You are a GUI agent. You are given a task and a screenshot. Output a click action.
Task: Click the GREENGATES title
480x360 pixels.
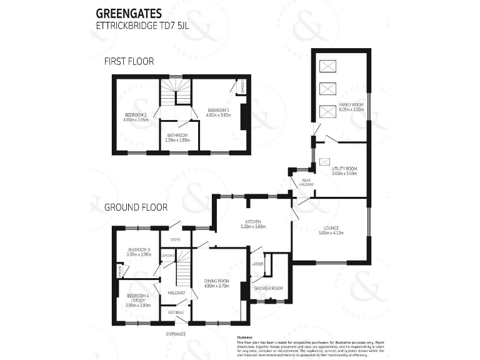[128, 12]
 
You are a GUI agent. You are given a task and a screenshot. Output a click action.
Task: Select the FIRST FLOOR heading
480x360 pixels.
[129, 61]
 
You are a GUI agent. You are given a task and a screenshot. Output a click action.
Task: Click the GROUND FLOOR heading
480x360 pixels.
[136, 206]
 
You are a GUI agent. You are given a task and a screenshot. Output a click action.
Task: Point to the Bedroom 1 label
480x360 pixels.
[219, 112]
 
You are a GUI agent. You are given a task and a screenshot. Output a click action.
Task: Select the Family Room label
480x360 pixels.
[351, 106]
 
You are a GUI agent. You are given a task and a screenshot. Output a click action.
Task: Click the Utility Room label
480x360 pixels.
[344, 171]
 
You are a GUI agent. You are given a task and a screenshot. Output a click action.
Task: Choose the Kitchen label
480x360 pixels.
[253, 224]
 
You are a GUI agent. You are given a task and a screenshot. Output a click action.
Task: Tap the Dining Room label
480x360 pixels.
[217, 283]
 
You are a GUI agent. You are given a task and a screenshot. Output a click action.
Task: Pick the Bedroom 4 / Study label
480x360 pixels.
[138, 300]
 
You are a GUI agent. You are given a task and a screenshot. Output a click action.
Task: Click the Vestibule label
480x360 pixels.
[176, 312]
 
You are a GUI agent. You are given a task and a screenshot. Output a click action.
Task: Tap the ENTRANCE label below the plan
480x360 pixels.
[176, 334]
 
